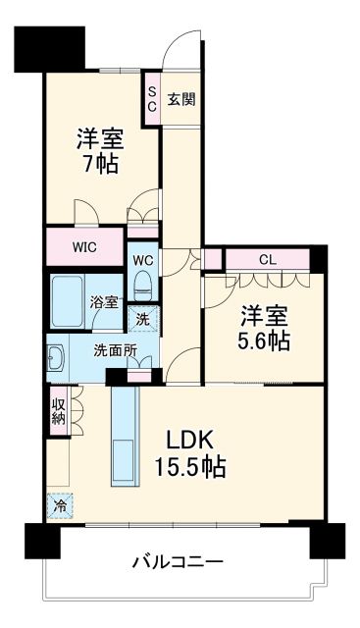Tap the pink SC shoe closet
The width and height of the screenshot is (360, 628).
[x=152, y=99]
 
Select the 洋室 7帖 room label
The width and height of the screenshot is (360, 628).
[x=99, y=150]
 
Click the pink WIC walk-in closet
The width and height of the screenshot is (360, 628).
[x=85, y=246]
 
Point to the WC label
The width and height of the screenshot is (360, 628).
[x=143, y=260]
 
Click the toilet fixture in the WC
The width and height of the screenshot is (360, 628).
[x=143, y=286]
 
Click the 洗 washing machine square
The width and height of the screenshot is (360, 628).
[x=143, y=319]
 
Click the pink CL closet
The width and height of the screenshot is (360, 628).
[x=267, y=259]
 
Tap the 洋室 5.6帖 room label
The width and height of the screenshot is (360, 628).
[x=264, y=329]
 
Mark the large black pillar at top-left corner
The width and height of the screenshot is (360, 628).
[x=49, y=47]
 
